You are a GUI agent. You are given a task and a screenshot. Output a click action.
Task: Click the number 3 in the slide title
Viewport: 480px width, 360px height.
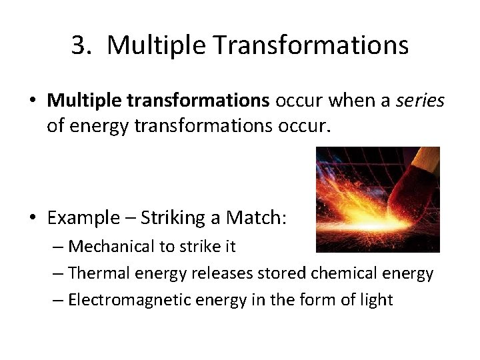(x=80, y=45)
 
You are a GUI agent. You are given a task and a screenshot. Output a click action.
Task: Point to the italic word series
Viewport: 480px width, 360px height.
(x=420, y=100)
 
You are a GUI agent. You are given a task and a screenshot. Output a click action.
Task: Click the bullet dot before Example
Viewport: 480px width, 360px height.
(x=33, y=217)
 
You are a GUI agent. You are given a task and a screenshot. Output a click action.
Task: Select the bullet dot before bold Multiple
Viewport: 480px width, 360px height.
(x=33, y=100)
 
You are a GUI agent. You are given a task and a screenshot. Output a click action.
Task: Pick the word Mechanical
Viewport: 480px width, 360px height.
(x=111, y=247)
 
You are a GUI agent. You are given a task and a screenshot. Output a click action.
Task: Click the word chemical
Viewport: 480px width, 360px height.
(x=327, y=273)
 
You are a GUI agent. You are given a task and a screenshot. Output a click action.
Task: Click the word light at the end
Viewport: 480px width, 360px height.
(x=376, y=300)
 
